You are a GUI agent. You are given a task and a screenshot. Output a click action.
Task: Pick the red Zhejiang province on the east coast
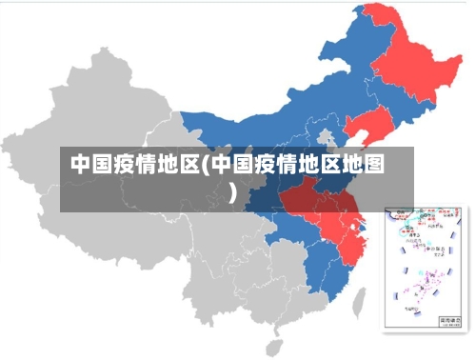tap(355, 238)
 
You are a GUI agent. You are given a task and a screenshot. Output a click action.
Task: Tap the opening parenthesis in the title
tap(204, 164)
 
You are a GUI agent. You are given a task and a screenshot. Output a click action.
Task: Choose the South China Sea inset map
tap(424, 267)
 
